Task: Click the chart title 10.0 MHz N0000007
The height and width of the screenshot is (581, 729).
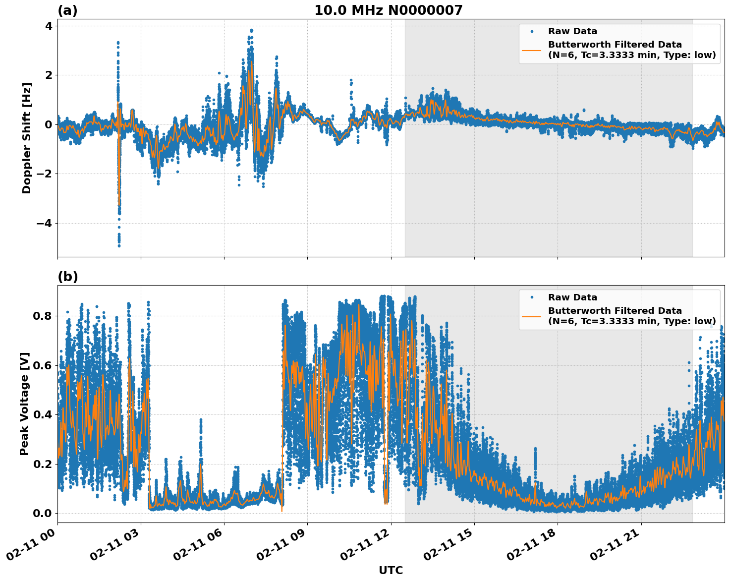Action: tap(388, 10)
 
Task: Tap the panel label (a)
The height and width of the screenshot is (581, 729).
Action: tap(67, 10)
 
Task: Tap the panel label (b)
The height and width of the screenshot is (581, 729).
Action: tap(67, 277)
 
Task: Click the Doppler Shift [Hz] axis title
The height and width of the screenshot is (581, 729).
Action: tap(26, 138)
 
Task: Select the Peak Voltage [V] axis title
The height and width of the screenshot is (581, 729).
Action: tap(24, 404)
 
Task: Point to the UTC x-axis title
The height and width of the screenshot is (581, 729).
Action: tap(391, 570)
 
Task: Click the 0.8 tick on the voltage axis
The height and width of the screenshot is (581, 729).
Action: tap(42, 316)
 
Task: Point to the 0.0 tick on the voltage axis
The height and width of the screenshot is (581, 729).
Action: tap(42, 513)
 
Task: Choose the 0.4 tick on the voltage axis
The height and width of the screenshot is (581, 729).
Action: tap(42, 414)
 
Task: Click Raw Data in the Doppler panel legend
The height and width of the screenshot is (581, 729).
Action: tap(572, 31)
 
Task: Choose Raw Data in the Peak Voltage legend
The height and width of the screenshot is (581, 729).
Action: tap(572, 297)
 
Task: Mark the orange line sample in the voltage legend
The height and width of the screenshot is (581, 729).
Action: tap(531, 316)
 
